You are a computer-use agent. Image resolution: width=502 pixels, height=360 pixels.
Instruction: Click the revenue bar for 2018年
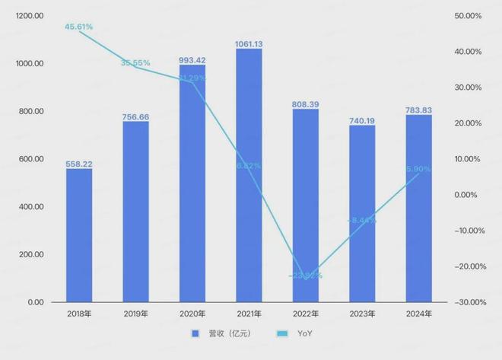click(78, 235)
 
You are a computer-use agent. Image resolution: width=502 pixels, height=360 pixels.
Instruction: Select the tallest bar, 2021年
click(249, 175)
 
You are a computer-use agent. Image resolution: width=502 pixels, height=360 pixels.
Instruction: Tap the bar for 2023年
click(362, 214)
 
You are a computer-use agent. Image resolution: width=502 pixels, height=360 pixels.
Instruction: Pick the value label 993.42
click(192, 58)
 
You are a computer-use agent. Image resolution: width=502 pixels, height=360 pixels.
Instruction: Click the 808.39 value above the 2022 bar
click(306, 103)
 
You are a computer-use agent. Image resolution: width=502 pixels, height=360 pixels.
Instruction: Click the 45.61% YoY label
click(78, 27)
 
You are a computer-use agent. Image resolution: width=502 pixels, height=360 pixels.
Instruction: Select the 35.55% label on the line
click(135, 63)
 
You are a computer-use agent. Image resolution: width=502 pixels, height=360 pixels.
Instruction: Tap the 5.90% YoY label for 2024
click(419, 169)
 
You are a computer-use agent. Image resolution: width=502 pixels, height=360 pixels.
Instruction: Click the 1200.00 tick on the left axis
click(29, 16)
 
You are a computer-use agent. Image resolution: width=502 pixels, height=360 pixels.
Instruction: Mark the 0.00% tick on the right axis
click(469, 195)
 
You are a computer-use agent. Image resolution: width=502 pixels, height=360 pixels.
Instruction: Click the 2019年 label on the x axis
click(135, 314)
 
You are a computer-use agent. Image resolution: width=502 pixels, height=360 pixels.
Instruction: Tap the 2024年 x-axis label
click(419, 314)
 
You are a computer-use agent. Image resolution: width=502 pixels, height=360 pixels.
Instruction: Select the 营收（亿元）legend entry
click(226, 333)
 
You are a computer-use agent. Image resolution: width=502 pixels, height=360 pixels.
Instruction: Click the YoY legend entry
click(302, 333)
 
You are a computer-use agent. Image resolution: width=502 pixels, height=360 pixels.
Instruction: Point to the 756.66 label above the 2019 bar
click(135, 117)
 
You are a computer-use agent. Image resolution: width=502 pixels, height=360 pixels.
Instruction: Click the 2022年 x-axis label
click(306, 314)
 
